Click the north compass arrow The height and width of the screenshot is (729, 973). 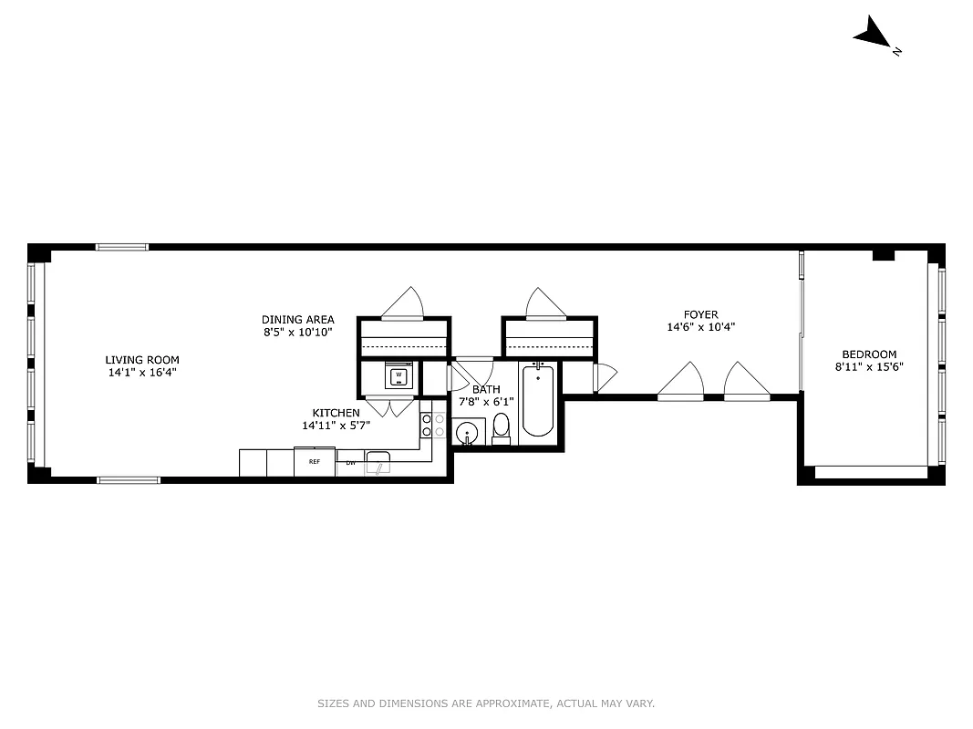point(873,36)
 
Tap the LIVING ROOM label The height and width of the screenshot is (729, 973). point(141,359)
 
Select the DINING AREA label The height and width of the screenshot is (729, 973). point(297,320)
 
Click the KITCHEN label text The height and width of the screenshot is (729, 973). point(336,413)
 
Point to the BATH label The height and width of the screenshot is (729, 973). point(486,389)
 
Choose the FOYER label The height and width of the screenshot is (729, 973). point(701,314)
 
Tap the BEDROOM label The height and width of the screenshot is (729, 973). point(868,354)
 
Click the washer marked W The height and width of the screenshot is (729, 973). point(399,375)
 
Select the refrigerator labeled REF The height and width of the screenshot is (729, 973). point(315,462)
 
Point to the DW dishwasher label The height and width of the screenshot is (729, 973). point(350,463)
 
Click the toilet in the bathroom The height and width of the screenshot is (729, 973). point(501,429)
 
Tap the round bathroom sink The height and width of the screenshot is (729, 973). point(467,432)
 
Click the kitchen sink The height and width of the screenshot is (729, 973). point(378,462)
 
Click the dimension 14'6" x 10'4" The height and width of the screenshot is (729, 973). point(701,327)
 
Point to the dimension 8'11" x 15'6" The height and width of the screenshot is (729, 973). point(868,367)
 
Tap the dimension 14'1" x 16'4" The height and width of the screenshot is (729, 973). point(141,372)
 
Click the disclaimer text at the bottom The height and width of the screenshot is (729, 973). point(486,703)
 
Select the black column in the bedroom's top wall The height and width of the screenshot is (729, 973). point(882,255)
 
